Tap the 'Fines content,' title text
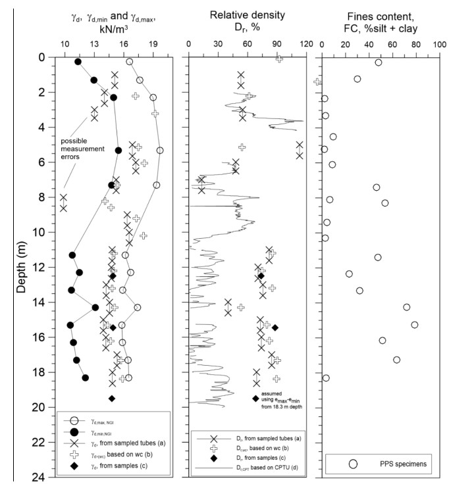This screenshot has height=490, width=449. coord(379,12)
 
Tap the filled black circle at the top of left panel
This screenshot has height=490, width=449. coord(78,62)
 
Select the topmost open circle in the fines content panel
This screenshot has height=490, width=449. coord(378,62)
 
